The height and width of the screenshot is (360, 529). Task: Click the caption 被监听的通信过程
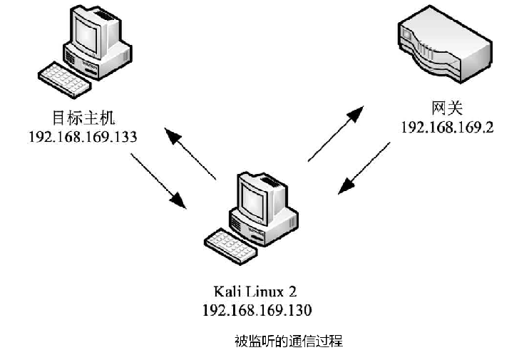coord(289,341)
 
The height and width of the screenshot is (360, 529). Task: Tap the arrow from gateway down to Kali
coord(364,167)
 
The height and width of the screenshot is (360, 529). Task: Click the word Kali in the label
coord(227,292)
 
